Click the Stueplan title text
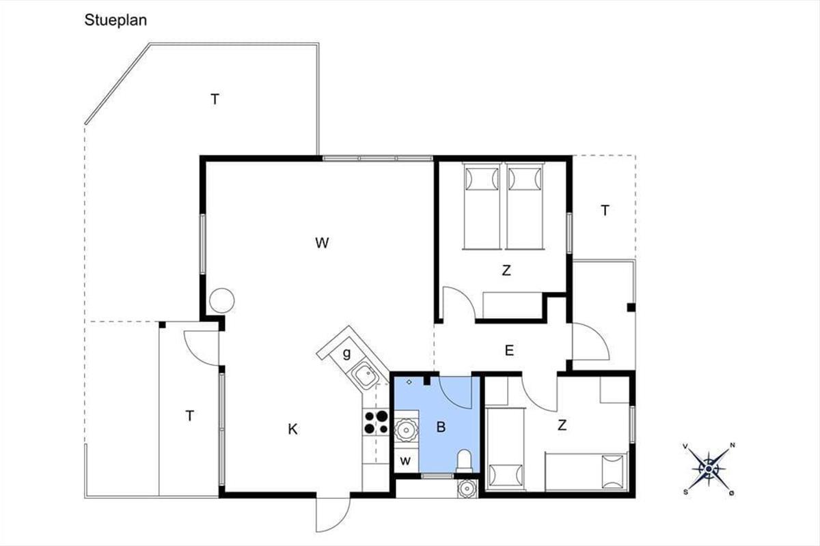[115, 20]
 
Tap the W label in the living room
[322, 243]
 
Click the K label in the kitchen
[292, 429]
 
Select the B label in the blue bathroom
[441, 427]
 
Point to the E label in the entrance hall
[509, 350]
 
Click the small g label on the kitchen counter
[346, 354]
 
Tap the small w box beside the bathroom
[405, 461]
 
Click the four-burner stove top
[376, 422]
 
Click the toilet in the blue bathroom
[465, 461]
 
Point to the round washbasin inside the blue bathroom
[407, 430]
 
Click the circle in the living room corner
[222, 300]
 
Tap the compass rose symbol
[709, 469]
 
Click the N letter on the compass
[732, 445]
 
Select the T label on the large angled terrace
[215, 99]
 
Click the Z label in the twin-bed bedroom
[506, 270]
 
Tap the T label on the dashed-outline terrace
[605, 210]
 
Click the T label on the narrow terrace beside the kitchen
[190, 416]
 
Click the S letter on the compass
[685, 492]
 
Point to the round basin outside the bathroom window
[467, 488]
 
